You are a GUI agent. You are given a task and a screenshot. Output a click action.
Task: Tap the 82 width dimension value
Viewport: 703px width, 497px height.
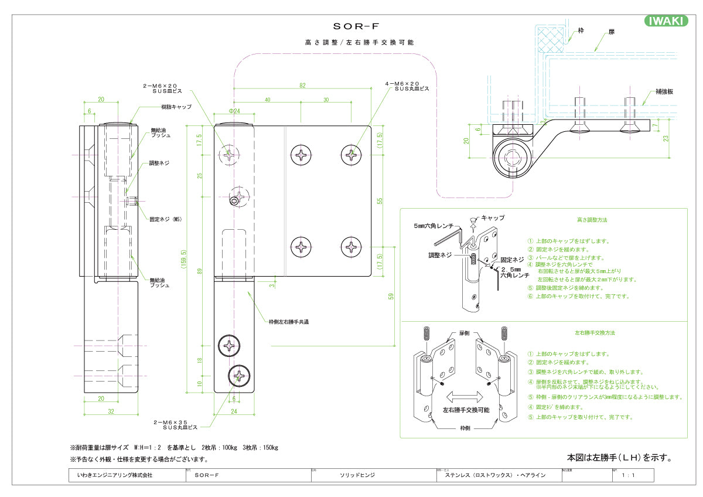[x=302, y=86]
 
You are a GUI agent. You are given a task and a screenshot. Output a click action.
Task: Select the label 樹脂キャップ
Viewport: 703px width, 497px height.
[x=176, y=107]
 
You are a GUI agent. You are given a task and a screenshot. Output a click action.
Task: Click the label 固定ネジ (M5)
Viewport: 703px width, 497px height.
[x=166, y=219]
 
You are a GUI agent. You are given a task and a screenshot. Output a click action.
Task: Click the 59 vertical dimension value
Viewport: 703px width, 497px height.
[x=391, y=295]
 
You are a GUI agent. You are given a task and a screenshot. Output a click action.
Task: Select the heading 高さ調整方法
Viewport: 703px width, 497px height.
[x=592, y=220]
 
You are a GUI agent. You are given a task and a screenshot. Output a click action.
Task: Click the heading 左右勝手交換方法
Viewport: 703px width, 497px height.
[x=595, y=332]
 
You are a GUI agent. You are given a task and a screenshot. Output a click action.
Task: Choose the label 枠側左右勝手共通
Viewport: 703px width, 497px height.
[x=288, y=322]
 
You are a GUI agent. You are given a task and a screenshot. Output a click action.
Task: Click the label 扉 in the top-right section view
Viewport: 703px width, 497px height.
[x=612, y=30]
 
